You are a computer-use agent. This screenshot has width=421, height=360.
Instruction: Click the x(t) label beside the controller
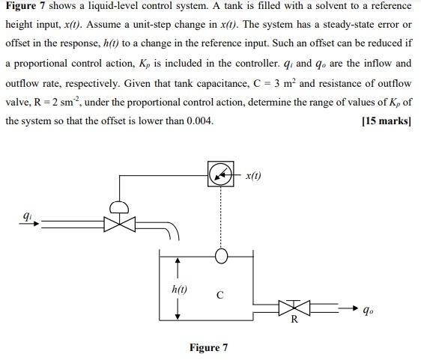(253, 176)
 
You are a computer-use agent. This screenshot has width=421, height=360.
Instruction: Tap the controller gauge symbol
(221, 175)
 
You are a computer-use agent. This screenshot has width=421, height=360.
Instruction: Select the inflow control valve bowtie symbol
(115, 223)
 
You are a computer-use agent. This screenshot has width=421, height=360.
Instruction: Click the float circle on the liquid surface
(221, 256)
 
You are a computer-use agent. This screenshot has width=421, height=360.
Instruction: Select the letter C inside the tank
(219, 295)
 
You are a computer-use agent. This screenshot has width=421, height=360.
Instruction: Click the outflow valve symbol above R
(293, 307)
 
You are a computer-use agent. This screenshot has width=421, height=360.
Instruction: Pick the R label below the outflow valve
(294, 320)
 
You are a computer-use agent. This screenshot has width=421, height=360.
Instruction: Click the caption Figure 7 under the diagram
(209, 347)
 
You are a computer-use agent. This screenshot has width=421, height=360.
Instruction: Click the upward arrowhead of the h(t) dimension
(178, 262)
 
